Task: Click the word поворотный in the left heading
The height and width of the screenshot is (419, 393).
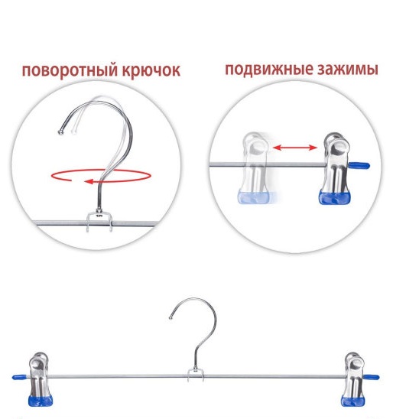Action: click(x=70, y=70)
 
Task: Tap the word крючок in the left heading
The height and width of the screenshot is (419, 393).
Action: click(x=151, y=70)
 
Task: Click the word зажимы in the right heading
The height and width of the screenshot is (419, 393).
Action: click(x=348, y=70)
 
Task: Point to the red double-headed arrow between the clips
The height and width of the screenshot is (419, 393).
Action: click(x=294, y=148)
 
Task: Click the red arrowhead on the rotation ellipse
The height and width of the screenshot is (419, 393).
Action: click(x=89, y=181)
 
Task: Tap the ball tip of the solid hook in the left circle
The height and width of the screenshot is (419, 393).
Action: click(x=61, y=132)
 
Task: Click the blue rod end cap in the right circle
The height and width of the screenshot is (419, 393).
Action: click(x=359, y=165)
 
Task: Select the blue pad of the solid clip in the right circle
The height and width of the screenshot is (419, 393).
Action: click(x=335, y=197)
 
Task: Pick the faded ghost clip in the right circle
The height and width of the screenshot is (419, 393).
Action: click(x=255, y=168)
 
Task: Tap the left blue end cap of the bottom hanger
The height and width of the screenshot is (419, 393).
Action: click(x=20, y=377)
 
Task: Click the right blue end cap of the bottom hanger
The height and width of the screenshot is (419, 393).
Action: click(x=371, y=377)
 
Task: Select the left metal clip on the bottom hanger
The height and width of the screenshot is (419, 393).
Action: click(x=40, y=379)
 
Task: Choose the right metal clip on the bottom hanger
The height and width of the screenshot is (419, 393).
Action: click(x=352, y=379)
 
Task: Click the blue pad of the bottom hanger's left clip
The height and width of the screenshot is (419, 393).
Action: click(x=40, y=401)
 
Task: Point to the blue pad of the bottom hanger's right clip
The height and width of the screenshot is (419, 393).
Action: click(x=352, y=401)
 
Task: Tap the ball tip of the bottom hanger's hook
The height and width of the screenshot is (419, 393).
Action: click(x=171, y=317)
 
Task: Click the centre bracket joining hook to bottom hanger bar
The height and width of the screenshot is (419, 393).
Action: click(x=196, y=375)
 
